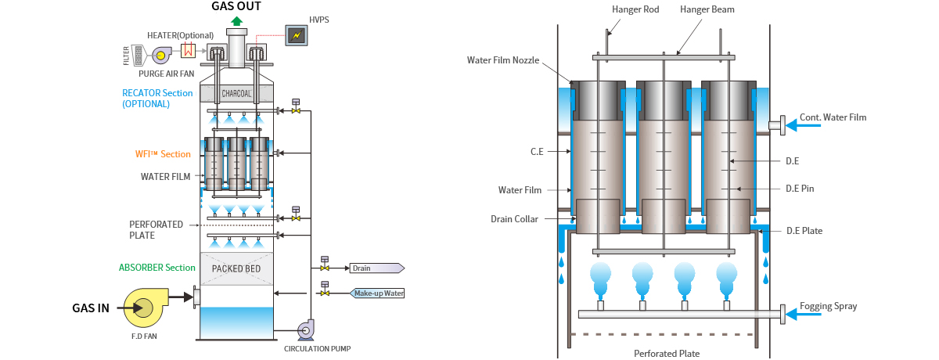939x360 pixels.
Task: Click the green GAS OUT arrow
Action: coord(236,21)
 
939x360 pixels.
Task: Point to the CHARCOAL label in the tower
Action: coord(236,94)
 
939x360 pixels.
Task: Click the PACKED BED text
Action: coord(236,268)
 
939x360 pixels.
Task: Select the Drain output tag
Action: coord(376,268)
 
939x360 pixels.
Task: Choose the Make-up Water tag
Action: coord(377,293)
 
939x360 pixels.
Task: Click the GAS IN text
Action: coord(91,308)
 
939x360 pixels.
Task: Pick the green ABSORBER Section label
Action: coord(157,268)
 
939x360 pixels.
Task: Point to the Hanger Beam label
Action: coord(707,9)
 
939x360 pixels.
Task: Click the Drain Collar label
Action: coord(514,219)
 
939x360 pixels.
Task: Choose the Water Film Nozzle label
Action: coord(503,59)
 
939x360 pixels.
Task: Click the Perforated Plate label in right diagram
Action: coord(666,354)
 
